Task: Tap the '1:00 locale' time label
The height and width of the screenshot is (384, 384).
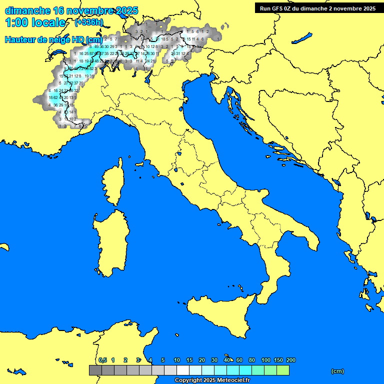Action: pyautogui.click(x=35, y=22)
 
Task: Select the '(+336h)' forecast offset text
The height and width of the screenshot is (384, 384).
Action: pyautogui.click(x=89, y=22)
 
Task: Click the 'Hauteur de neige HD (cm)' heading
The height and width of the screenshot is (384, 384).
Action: pyautogui.click(x=53, y=39)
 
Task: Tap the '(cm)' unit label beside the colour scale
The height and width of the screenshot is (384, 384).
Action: pyautogui.click(x=337, y=371)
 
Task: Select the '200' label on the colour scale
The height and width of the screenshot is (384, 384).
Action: pyautogui.click(x=291, y=360)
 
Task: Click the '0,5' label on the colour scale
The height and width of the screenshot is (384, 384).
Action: pyautogui.click(x=102, y=360)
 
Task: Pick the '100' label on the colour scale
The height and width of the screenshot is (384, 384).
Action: pyautogui.click(x=266, y=360)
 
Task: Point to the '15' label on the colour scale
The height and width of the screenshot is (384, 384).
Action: pyautogui.click(x=189, y=360)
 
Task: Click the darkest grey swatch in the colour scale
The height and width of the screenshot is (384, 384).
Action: pyautogui.click(x=95, y=370)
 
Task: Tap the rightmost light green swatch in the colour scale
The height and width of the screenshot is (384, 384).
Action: pyautogui.click(x=282, y=370)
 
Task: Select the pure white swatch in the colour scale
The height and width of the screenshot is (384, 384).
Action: pyautogui.click(x=182, y=370)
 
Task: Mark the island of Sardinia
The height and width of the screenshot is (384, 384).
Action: pyautogui.click(x=108, y=240)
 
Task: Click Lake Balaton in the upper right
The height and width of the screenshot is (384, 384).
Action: pyautogui.click(x=302, y=38)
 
